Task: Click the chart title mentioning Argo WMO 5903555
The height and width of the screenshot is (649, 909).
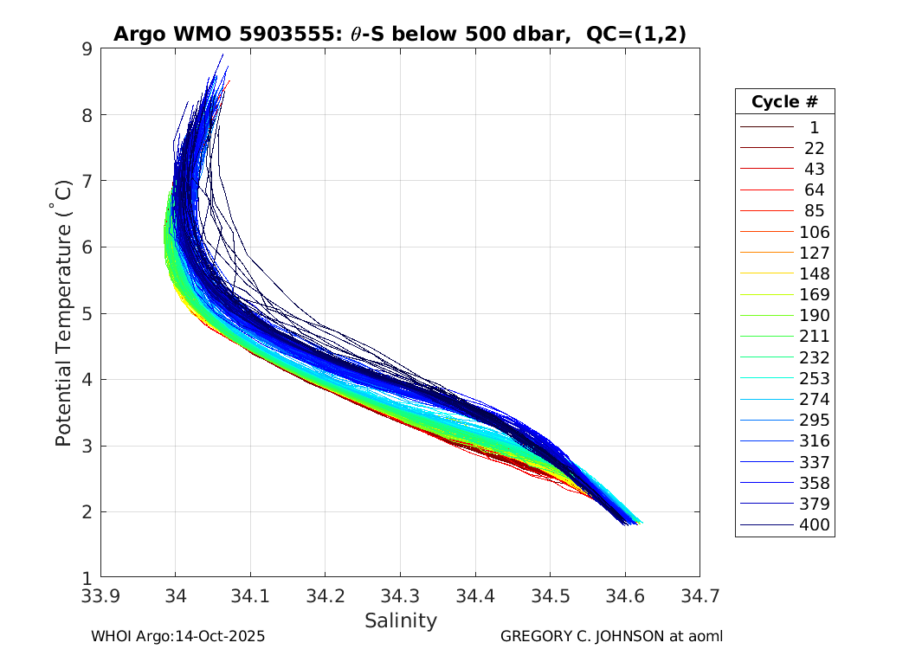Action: point(400,34)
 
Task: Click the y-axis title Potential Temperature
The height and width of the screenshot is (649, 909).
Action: point(63,324)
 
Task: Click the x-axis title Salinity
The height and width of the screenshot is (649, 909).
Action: point(400,620)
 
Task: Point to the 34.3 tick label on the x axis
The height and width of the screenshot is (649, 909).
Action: point(400,596)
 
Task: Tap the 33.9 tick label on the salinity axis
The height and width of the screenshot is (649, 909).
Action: point(100,596)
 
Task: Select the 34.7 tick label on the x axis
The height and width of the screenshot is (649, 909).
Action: point(699,596)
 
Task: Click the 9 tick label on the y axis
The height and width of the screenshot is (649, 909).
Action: point(87,48)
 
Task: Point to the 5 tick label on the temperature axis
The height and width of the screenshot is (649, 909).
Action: point(87,313)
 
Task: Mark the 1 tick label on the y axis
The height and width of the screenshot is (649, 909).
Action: point(87,578)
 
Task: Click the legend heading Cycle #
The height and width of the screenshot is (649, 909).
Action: point(784,101)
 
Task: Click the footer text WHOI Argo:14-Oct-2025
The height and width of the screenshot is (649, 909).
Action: point(177,636)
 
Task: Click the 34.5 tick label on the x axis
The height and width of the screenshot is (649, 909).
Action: point(550,596)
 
